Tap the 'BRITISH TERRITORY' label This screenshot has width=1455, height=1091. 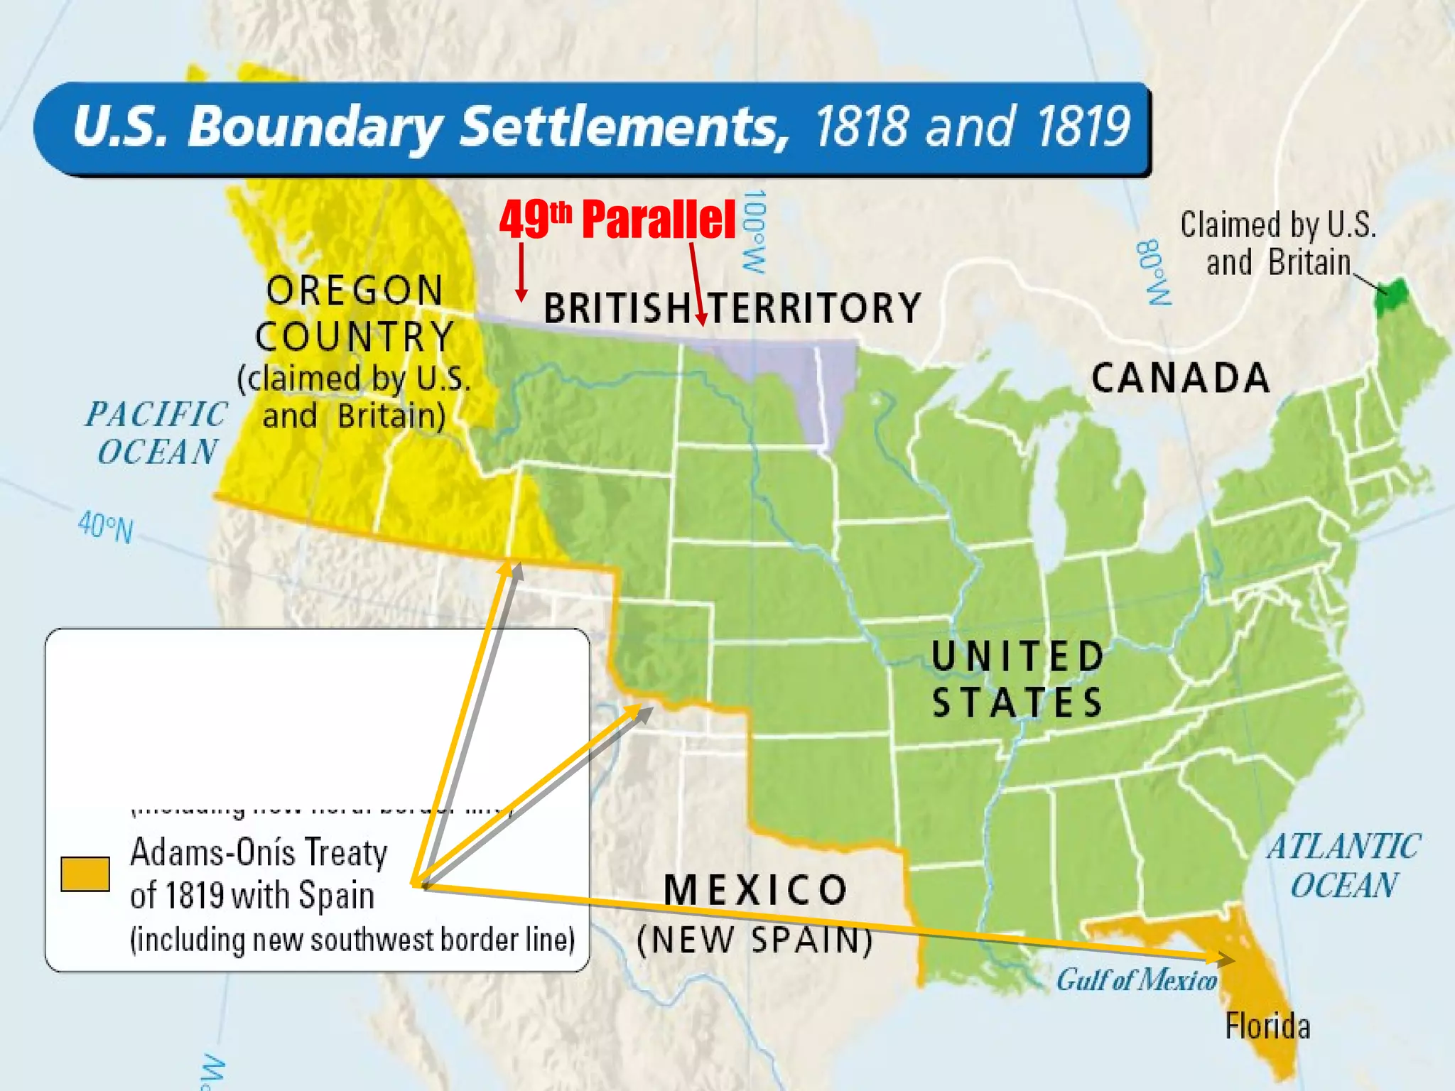coord(732,308)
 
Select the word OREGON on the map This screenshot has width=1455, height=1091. coord(355,291)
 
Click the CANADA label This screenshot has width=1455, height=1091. coord(1181,378)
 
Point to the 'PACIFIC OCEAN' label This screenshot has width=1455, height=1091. coord(157,433)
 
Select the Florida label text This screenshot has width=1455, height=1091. coord(1267,1026)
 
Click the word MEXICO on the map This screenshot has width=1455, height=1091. coord(756,889)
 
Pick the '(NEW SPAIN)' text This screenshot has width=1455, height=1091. coord(754,940)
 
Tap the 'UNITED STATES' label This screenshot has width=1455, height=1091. coord(1017,679)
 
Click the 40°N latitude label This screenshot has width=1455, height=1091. coord(105,527)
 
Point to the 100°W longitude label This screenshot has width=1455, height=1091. coord(754,231)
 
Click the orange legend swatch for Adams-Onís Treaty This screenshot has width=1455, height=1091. coord(85,874)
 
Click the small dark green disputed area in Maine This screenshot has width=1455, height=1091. coord(1390,297)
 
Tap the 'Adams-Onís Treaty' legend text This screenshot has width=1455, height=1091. coord(259,852)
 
